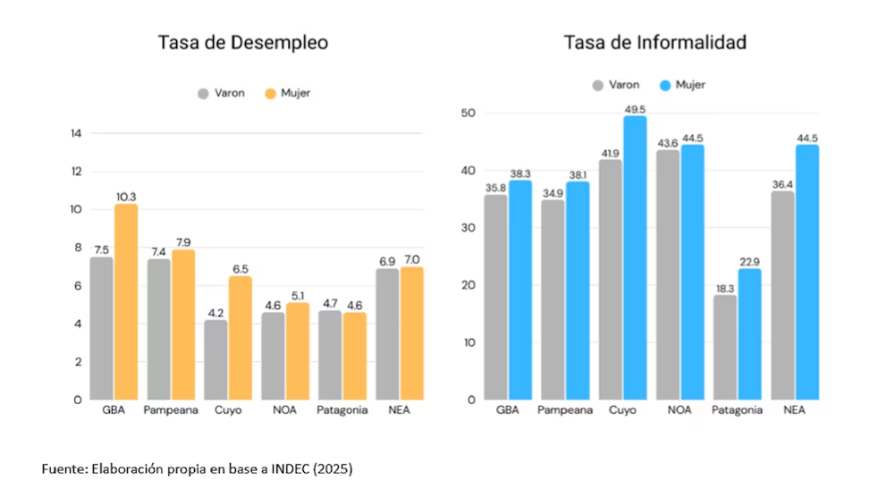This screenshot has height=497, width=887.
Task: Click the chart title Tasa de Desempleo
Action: pos(243,43)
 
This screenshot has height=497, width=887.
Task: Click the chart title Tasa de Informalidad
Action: pos(655,43)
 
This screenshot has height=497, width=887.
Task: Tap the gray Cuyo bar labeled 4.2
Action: pos(215,359)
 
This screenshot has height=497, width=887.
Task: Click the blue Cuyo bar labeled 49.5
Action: pos(635,257)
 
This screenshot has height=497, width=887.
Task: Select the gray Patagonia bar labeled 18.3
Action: pos(725,347)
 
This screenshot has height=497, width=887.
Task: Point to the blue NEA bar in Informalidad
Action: pos(807,272)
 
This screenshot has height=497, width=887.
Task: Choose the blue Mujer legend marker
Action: pos(665,85)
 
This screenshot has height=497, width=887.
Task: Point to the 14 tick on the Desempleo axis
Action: pos(75,134)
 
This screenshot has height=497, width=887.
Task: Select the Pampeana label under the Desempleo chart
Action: pos(171,411)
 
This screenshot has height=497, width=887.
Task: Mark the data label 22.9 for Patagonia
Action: pos(749,261)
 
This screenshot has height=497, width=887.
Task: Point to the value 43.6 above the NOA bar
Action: pos(668,143)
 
